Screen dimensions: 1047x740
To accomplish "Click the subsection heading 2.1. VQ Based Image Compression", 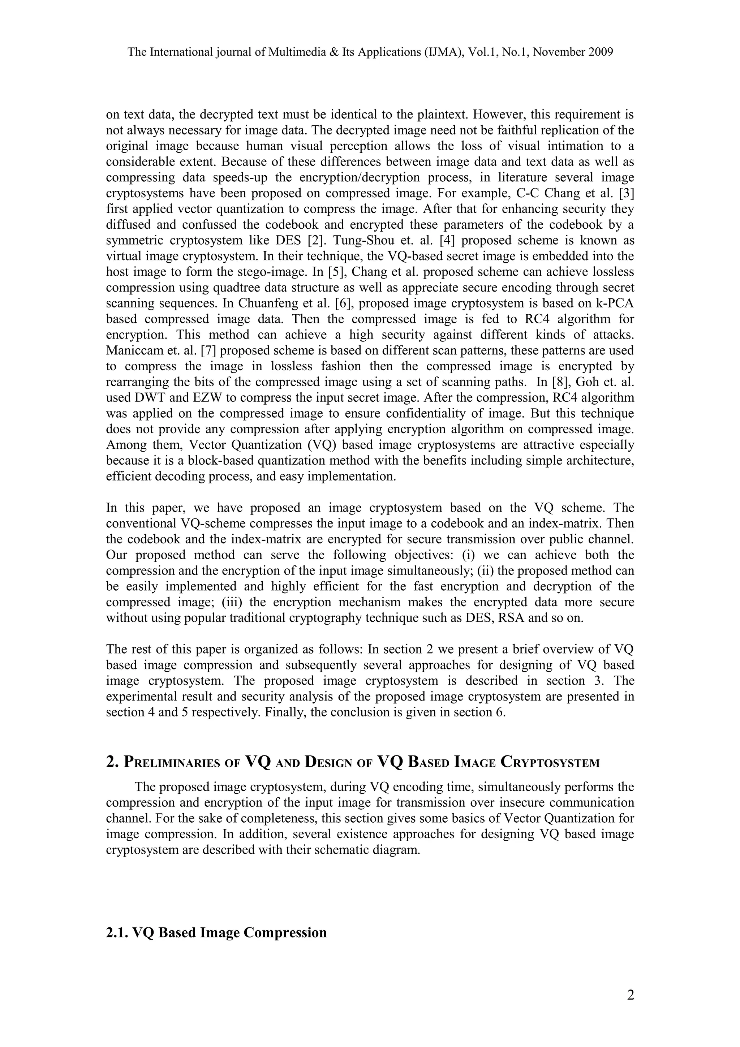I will (216, 932).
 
